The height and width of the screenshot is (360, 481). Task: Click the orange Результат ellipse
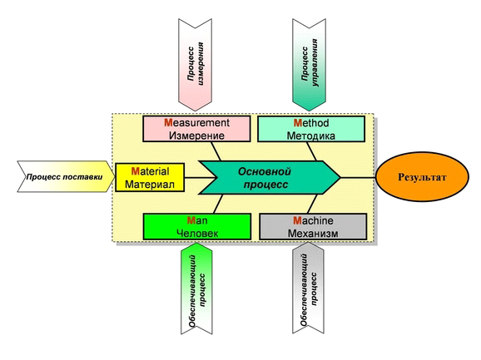[422, 177]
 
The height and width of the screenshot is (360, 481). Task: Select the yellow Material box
[150, 177]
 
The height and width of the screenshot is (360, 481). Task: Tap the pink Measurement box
[196, 129]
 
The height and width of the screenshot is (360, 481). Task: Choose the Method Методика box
[311, 129]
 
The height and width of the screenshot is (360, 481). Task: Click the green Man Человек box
[197, 227]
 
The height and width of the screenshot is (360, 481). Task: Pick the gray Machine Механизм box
[313, 227]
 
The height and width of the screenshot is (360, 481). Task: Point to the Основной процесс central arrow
[270, 177]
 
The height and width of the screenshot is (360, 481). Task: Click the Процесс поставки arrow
[66, 177]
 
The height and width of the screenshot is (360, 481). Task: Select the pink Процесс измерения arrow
[195, 65]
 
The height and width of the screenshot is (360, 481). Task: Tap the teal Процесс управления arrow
[309, 65]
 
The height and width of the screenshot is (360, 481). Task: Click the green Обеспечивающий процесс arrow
[196, 288]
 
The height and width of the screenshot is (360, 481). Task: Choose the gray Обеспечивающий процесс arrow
[308, 288]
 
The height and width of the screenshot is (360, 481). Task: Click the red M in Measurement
[168, 123]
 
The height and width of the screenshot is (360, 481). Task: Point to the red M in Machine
[297, 220]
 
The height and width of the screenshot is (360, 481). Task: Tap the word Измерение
[196, 136]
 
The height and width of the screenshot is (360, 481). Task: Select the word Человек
[197, 234]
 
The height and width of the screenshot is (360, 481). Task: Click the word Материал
[150, 185]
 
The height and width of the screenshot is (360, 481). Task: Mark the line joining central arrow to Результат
[359, 177]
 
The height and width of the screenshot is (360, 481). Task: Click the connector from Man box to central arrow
[218, 204]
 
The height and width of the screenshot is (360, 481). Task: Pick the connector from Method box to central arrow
[312, 151]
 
